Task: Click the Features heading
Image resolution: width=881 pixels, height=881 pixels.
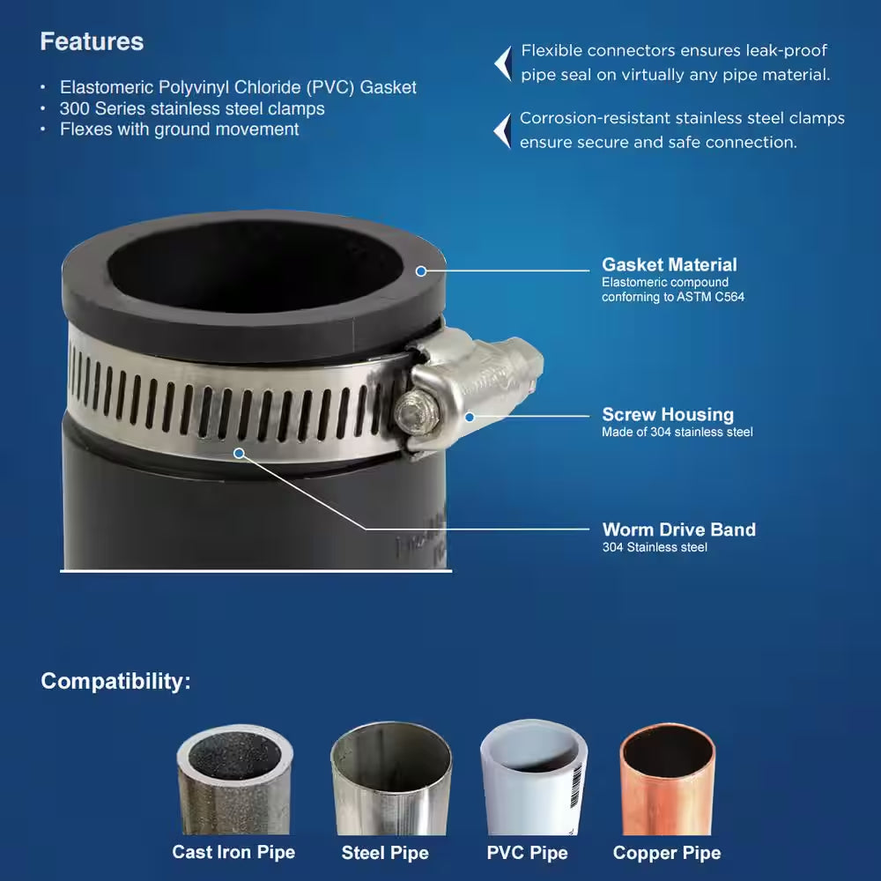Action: (92, 41)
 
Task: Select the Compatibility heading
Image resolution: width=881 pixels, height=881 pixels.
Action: (115, 681)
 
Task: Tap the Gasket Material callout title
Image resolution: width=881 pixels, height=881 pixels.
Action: (669, 264)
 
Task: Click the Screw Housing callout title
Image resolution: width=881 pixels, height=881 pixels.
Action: (667, 414)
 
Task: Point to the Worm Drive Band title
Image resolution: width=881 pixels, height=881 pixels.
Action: (678, 529)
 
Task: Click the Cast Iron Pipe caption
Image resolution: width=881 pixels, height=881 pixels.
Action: (233, 852)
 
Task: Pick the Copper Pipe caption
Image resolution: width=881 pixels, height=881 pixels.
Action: (666, 853)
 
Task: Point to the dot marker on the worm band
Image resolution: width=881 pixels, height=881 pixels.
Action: (239, 452)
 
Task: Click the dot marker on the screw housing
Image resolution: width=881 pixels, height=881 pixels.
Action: (470, 417)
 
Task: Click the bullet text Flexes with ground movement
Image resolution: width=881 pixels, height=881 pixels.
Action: (179, 130)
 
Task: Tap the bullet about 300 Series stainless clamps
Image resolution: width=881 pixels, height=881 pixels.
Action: (192, 108)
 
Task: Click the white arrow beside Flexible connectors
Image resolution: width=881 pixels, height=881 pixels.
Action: (503, 63)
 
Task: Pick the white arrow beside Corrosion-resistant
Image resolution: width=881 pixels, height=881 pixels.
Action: (502, 130)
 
